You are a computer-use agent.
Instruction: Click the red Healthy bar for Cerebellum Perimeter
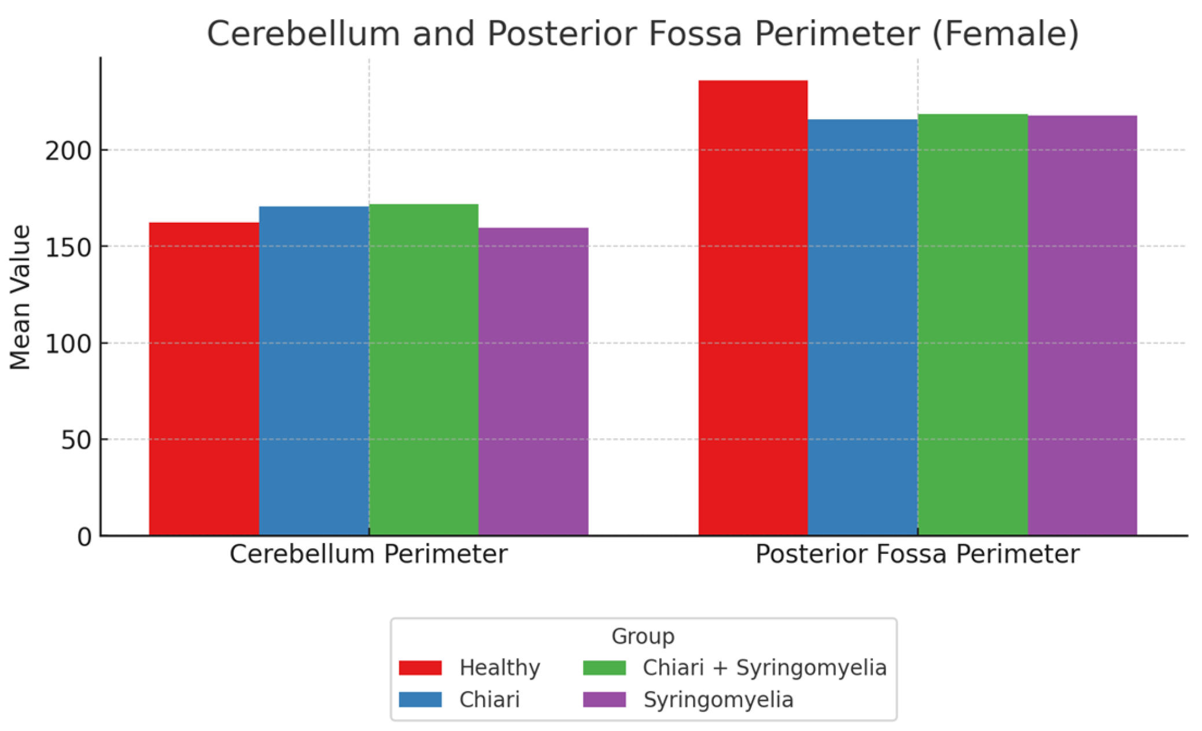click(204, 379)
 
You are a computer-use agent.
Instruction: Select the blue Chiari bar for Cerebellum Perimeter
click(314, 370)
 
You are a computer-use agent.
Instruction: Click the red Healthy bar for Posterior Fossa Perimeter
click(753, 307)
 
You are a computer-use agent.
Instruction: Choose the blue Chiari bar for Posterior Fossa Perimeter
click(862, 327)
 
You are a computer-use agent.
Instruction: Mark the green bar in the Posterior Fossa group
click(972, 324)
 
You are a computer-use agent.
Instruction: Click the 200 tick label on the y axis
click(68, 151)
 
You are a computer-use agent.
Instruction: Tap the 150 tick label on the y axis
click(68, 248)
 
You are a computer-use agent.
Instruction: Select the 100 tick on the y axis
click(68, 344)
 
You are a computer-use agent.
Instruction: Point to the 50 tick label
click(76, 440)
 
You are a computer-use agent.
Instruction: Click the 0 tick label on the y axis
click(84, 537)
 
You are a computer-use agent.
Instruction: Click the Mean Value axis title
click(21, 297)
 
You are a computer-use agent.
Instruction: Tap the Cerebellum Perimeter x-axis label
click(368, 554)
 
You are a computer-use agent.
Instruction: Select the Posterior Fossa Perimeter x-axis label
click(917, 554)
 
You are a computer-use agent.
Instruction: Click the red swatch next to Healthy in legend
click(420, 668)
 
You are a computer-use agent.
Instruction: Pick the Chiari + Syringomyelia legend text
click(765, 668)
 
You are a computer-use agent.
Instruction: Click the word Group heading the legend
click(643, 636)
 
